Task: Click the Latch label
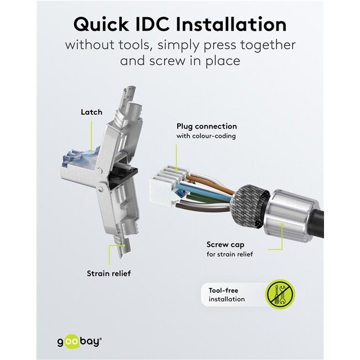pos(91,112)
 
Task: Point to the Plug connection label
pos(207,126)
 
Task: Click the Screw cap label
pos(224,244)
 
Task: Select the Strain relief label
pos(109,273)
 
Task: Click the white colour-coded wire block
pos(163,185)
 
